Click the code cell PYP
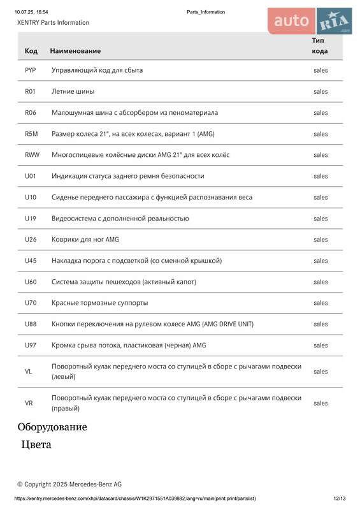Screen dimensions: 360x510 click(x=30, y=70)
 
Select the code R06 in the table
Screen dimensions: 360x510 click(x=30, y=112)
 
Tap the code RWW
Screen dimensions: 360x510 click(x=32, y=155)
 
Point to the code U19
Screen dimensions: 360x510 click(x=31, y=218)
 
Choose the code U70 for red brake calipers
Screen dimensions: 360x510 click(x=31, y=303)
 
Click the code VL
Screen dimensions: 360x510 click(x=29, y=371)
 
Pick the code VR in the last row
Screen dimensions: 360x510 click(x=29, y=403)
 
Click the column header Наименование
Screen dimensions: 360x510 click(x=75, y=50)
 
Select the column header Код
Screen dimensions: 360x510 click(x=31, y=50)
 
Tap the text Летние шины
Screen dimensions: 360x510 click(x=73, y=91)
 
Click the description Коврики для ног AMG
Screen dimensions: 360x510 click(x=85, y=240)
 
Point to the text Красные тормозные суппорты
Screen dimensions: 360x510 click(x=99, y=303)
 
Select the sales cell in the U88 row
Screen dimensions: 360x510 click(x=320, y=324)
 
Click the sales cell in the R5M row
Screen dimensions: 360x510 click(x=320, y=134)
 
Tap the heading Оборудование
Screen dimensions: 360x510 click(x=52, y=427)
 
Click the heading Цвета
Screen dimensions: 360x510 click(x=36, y=444)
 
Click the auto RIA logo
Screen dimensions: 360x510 click(x=310, y=21)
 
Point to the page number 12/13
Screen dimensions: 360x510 click(x=339, y=499)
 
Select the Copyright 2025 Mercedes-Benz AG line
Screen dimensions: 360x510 click(x=69, y=484)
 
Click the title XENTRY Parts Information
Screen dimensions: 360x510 click(x=53, y=22)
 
